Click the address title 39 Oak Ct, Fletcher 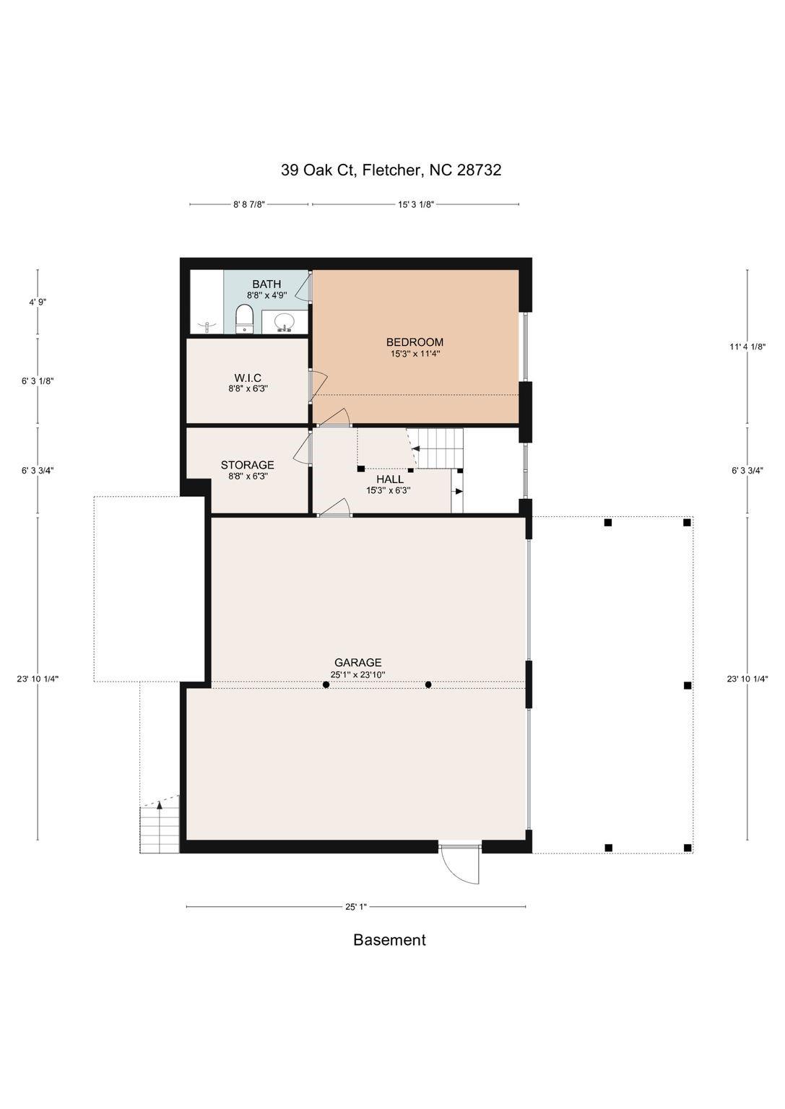click(x=391, y=170)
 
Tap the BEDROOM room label click(x=415, y=342)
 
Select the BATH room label click(x=266, y=284)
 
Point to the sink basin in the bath click(x=284, y=321)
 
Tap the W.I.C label click(x=248, y=379)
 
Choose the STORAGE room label click(x=247, y=465)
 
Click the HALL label click(x=390, y=479)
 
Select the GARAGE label click(x=357, y=662)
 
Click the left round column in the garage click(x=326, y=684)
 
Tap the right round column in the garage click(x=428, y=684)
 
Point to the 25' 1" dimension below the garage click(x=355, y=907)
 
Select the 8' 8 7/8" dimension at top click(x=249, y=204)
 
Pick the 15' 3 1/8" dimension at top click(x=416, y=204)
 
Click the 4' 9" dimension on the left click(x=38, y=302)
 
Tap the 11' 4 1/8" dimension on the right click(x=747, y=347)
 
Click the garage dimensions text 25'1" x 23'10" click(x=357, y=674)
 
